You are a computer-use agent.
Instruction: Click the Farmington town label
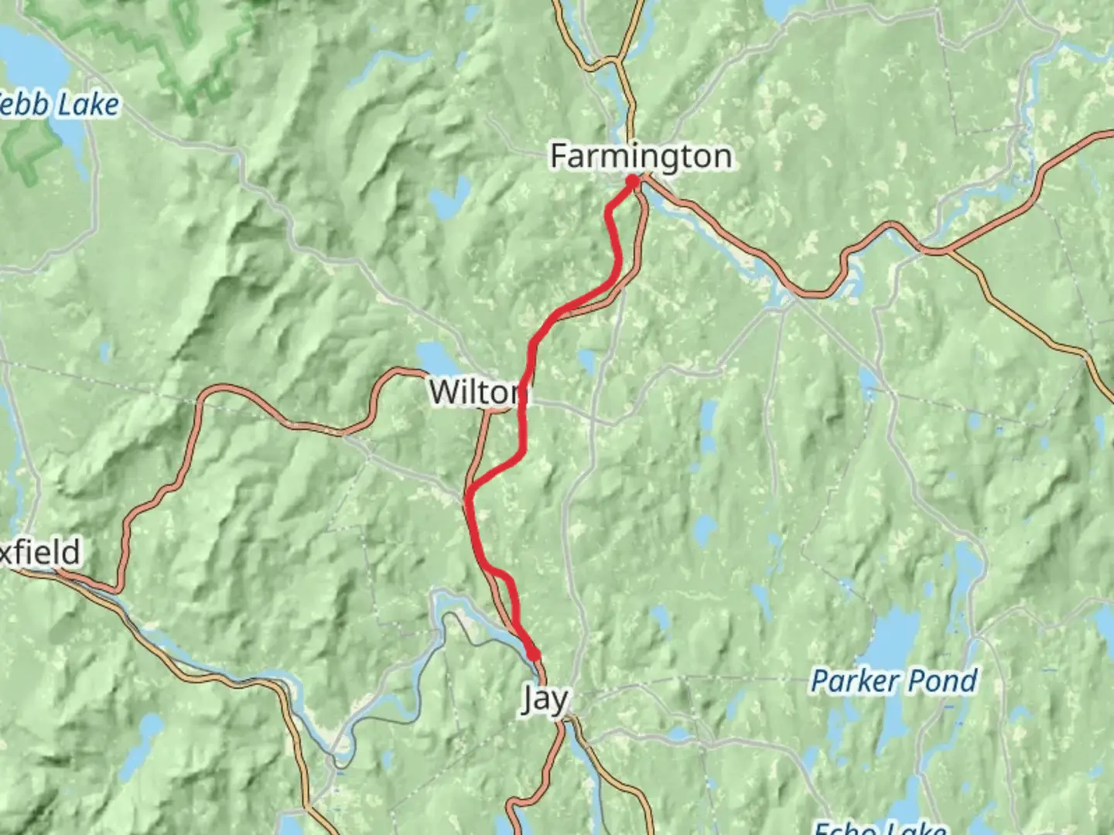(x=641, y=156)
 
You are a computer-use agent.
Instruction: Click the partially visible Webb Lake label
(x=59, y=105)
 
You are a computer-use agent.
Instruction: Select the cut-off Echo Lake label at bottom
(x=880, y=827)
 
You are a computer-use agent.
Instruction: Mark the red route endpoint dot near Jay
(x=534, y=655)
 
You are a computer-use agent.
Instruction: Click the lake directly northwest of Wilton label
(x=438, y=359)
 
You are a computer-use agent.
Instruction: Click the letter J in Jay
(x=528, y=699)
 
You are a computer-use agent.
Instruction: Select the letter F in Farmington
(x=559, y=156)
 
